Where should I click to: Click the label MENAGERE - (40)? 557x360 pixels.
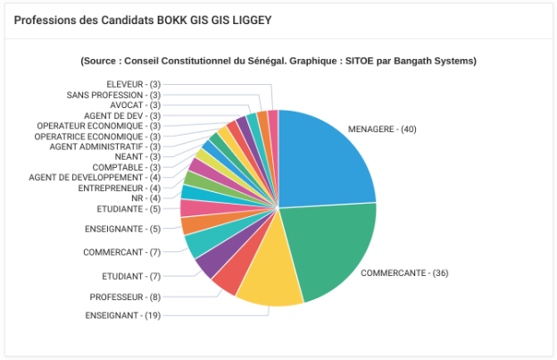(382, 130)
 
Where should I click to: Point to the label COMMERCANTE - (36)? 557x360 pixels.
(404, 272)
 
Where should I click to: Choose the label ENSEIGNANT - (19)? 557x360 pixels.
(123, 315)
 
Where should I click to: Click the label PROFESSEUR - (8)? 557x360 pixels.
(125, 297)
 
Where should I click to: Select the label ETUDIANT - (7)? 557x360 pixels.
(131, 276)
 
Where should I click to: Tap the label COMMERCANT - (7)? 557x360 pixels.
(121, 252)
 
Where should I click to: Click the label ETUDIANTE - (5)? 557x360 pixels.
(129, 209)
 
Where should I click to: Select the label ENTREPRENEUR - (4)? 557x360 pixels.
(120, 188)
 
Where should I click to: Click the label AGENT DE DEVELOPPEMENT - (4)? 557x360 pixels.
(95, 178)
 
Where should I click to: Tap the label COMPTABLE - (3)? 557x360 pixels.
(127, 167)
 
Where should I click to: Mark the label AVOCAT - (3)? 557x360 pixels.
(135, 105)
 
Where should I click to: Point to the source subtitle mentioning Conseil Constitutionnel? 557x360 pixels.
(278, 61)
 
